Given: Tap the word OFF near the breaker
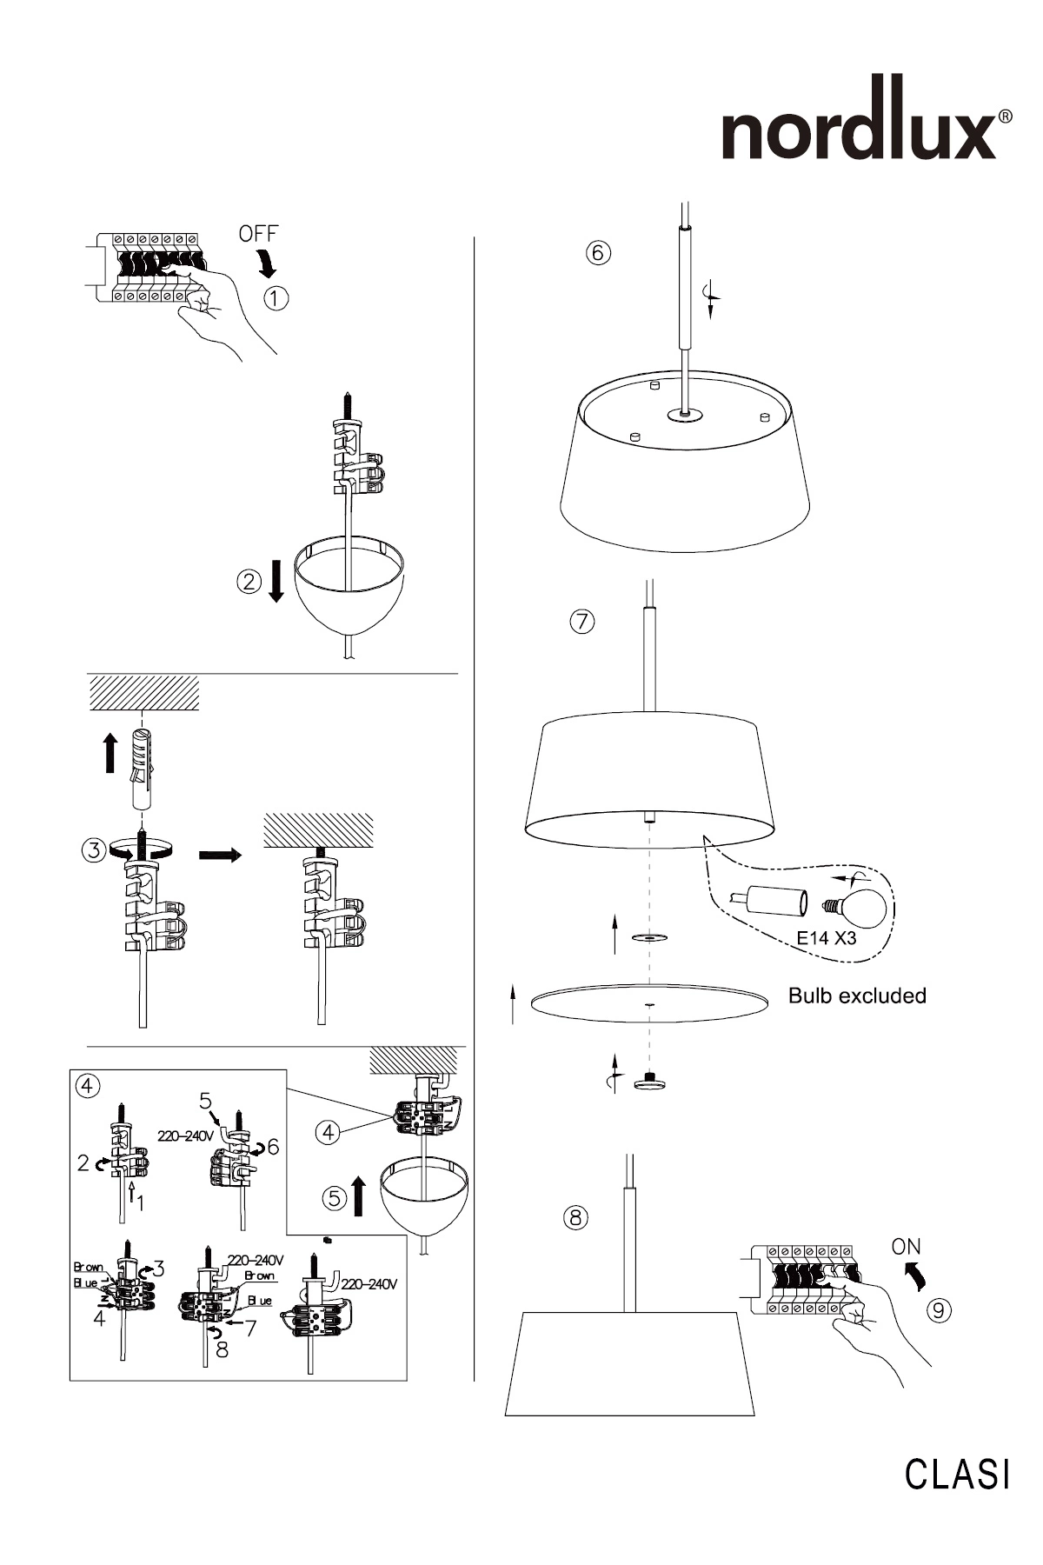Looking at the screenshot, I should tap(258, 234).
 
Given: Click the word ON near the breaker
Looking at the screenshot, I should tap(906, 1247).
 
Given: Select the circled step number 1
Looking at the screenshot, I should tap(276, 298).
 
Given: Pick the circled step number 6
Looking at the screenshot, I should tap(598, 253).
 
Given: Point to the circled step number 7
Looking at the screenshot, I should tap(582, 622).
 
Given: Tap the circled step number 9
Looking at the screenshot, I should tap(939, 1309).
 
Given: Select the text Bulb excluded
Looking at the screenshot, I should tap(857, 996).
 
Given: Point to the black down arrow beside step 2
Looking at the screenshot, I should tap(276, 581).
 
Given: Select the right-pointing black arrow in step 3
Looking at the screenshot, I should tap(220, 856).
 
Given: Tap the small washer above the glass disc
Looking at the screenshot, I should tap(649, 938).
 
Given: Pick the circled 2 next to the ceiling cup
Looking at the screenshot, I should tap(249, 582).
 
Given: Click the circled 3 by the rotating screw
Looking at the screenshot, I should tap(95, 849).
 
